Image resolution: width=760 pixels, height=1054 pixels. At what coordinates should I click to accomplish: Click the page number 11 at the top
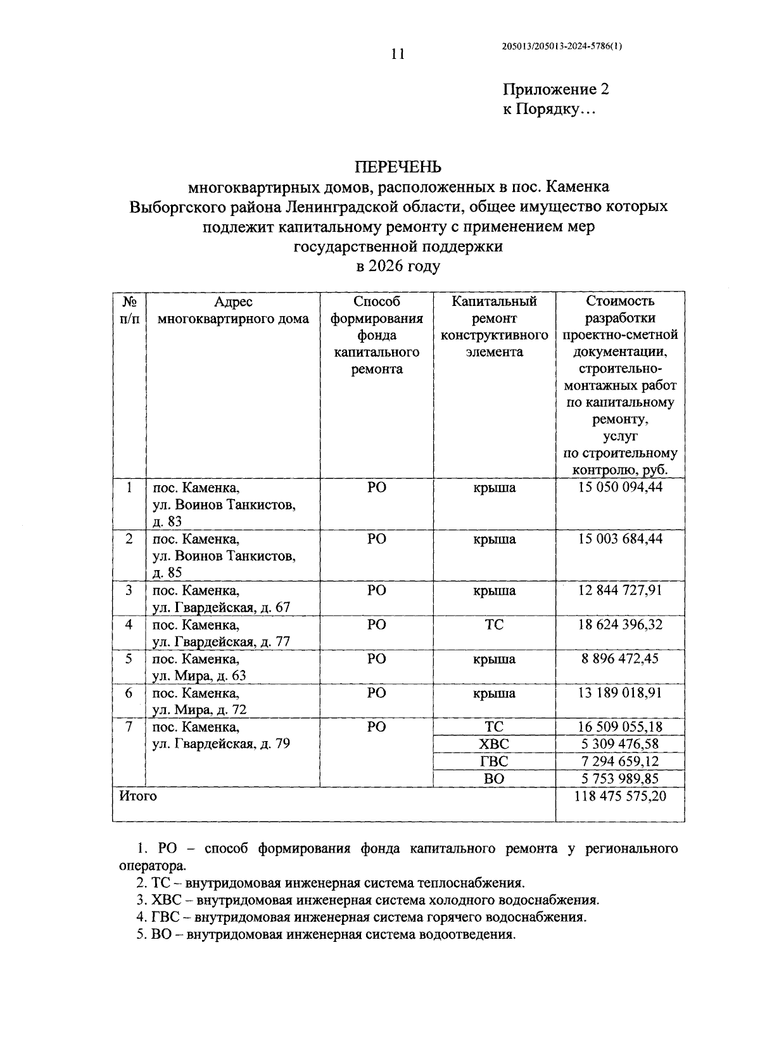tap(398, 54)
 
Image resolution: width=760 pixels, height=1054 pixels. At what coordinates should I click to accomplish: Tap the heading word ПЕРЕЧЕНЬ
tap(398, 167)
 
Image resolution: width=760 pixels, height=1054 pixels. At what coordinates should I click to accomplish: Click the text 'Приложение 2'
tap(555, 89)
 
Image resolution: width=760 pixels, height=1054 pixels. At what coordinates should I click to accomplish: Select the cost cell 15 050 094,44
tap(620, 488)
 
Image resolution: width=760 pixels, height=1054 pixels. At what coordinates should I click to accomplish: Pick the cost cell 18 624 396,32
tap(620, 625)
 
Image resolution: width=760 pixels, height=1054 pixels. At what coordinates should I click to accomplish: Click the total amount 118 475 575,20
tap(620, 796)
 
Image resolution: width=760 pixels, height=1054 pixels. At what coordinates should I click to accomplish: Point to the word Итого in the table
tap(138, 796)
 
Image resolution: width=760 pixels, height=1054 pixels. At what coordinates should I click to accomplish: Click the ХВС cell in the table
tap(494, 744)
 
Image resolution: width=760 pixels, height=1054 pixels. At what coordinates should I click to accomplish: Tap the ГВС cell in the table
tap(494, 761)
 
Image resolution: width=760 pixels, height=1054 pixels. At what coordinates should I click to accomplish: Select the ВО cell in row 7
tap(494, 778)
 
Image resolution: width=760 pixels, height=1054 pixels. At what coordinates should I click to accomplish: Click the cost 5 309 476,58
tap(620, 744)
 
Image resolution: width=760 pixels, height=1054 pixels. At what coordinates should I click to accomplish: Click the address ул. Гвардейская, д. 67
tap(221, 607)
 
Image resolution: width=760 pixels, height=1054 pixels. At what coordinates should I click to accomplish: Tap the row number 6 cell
tap(129, 693)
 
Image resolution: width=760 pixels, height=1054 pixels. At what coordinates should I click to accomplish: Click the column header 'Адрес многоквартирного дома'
tap(233, 310)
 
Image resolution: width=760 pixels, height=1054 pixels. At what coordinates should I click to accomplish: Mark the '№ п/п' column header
tap(129, 310)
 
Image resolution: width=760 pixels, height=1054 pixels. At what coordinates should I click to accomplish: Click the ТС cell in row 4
tap(494, 625)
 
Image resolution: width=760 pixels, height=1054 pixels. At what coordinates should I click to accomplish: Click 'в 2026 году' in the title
tap(398, 267)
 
